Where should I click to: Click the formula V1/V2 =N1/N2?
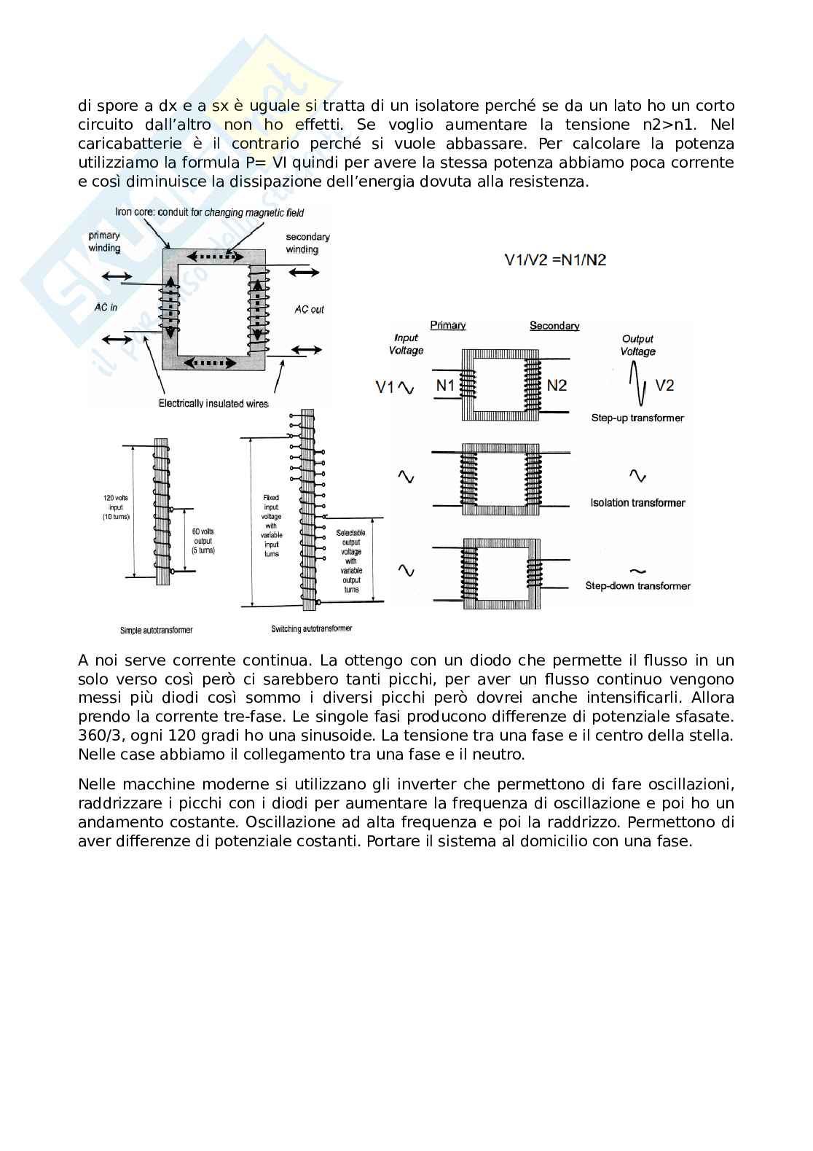[555, 260]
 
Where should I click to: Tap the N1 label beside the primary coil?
[445, 385]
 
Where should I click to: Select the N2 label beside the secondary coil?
[557, 385]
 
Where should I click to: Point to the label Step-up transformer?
[637, 418]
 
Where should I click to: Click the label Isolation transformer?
[637, 502]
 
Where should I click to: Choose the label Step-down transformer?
[637, 585]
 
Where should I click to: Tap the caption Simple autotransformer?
[156, 630]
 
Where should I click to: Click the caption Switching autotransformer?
[311, 628]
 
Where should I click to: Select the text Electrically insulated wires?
[213, 404]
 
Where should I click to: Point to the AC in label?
[106, 308]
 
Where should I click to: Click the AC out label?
[309, 309]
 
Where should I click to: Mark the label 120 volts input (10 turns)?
[116, 507]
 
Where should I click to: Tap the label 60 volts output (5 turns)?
[203, 541]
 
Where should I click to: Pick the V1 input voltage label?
[385, 387]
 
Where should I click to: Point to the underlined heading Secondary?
[554, 326]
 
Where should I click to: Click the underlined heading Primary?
[448, 325]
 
